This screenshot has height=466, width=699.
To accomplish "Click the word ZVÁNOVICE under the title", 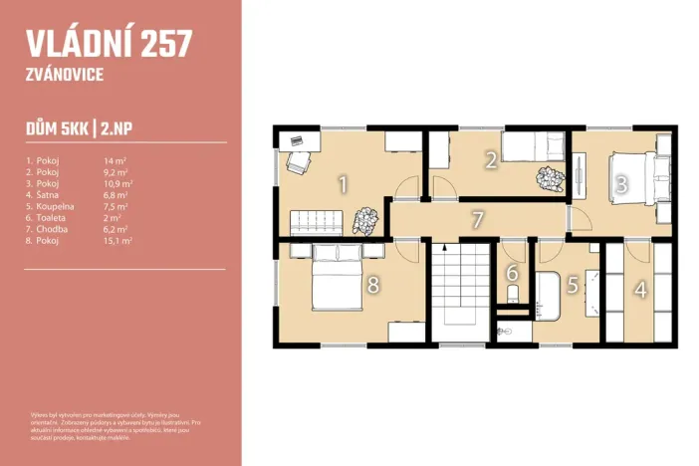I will pyautogui.click(x=65, y=74).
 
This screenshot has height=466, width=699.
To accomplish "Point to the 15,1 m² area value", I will pyautogui.click(x=118, y=240).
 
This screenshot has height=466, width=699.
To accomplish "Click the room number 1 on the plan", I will pyautogui.click(x=343, y=184).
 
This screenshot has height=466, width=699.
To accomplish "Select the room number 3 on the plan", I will pyautogui.click(x=620, y=184).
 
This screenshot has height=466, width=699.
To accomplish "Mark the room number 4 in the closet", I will pyautogui.click(x=640, y=290).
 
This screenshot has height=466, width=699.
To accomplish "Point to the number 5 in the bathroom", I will pyautogui.click(x=573, y=285).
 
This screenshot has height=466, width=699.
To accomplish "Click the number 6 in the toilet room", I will pyautogui.click(x=513, y=273).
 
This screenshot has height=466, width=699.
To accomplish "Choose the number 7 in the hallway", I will pyautogui.click(x=477, y=218).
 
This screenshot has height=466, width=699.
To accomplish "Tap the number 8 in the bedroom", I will pyautogui.click(x=372, y=286).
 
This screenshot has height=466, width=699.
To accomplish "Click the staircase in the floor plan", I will pyautogui.click(x=461, y=292).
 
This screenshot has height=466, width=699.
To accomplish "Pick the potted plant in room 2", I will pyautogui.click(x=548, y=180).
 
